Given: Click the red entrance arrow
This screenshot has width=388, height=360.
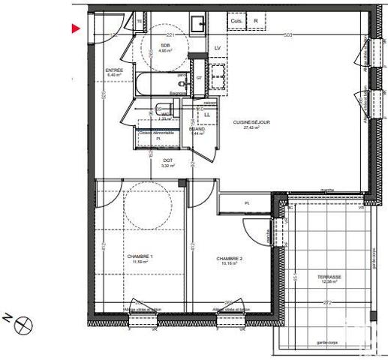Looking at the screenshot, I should click(77, 29).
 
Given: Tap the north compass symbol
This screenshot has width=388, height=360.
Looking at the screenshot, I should click(25, 325).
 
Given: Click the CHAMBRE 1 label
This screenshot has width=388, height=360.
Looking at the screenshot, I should click(141, 256).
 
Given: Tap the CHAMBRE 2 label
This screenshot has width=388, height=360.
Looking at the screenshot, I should click(228, 258).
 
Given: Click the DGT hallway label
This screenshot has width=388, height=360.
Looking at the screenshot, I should click(167, 160).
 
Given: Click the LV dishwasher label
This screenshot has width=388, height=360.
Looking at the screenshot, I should click(218, 48).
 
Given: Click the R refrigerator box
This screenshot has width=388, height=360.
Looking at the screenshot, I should click(256, 21).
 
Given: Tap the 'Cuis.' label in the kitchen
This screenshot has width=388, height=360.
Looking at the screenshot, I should click(236, 21).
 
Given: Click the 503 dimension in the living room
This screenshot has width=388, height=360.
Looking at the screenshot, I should click(287, 35).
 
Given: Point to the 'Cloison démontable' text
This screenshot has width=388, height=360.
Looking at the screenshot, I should click(158, 132).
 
